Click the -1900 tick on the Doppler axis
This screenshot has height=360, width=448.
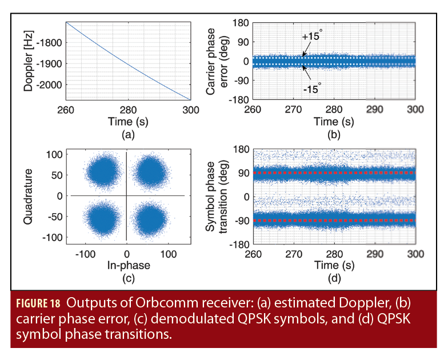point(50,63)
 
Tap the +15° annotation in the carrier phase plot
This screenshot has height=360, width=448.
point(313,37)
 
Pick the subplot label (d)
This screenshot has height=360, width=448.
point(334,279)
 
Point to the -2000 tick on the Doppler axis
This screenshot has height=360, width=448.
point(50,85)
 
